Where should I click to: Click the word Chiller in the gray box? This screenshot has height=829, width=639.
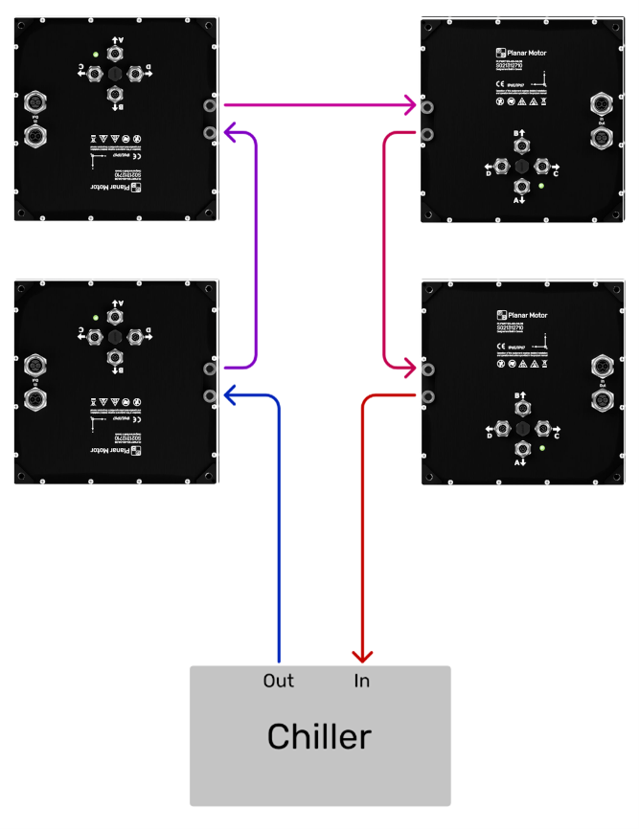point(319,736)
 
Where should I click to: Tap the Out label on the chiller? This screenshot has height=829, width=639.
point(278,682)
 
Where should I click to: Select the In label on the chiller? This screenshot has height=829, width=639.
point(362,682)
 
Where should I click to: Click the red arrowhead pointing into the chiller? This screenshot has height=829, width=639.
point(362,656)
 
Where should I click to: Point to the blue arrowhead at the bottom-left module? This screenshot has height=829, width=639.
point(230,392)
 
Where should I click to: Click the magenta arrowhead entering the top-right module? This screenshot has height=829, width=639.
point(410,103)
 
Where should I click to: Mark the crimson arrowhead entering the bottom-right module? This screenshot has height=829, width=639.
point(410,367)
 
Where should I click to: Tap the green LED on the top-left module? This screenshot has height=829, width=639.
point(95,54)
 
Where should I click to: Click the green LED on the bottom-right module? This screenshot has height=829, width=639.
point(542,447)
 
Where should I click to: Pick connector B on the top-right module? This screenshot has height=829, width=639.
point(521,146)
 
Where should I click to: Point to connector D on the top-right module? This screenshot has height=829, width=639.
point(501,166)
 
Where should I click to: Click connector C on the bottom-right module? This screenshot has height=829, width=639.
point(542,428)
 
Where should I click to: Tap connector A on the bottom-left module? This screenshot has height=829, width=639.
point(115,315)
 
